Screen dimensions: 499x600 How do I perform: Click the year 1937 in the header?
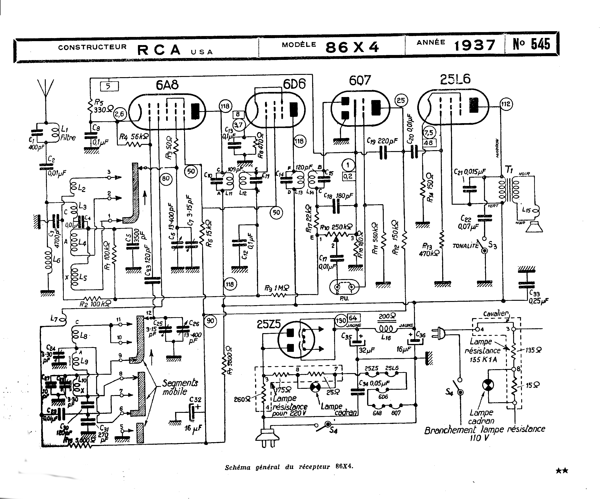tap(474, 45)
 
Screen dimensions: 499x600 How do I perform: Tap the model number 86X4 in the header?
tap(352, 47)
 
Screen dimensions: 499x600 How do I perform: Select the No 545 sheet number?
tap(531, 44)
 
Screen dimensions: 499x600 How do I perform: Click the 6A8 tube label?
tap(167, 85)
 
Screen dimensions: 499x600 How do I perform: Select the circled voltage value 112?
tap(506, 104)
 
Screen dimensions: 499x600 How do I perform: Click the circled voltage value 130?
tap(341, 320)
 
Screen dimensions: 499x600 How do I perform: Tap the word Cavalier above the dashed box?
tap(496, 313)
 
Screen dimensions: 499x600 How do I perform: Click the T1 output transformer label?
tap(509, 170)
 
